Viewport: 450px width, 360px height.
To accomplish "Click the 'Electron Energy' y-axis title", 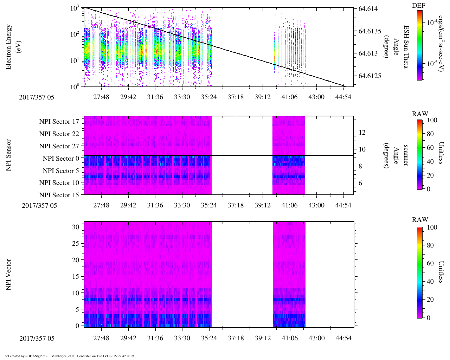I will pyautogui.click(x=8, y=47).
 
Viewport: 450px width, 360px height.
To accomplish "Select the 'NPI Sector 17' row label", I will pyautogui.click(x=59, y=122).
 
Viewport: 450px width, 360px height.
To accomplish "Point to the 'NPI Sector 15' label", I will pyautogui.click(x=59, y=195).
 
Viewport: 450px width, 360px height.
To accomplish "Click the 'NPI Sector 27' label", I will pyautogui.click(x=59, y=146).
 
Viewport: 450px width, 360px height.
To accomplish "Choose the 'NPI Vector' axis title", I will pyautogui.click(x=8, y=275).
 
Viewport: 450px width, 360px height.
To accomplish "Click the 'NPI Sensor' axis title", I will pyautogui.click(x=8, y=155).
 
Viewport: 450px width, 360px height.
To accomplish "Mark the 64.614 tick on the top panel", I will pyautogui.click(x=368, y=8).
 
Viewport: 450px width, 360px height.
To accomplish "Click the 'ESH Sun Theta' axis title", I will pyautogui.click(x=406, y=47).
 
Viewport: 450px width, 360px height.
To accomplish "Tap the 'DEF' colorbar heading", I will pyautogui.click(x=419, y=6).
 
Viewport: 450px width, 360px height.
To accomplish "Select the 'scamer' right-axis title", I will pyautogui.click(x=406, y=155).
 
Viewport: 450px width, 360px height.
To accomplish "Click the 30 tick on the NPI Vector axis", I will pyautogui.click(x=76, y=227).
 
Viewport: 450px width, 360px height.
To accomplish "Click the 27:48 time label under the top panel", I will pyautogui.click(x=101, y=97).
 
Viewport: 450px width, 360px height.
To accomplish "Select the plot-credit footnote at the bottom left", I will pyautogui.click(x=69, y=356).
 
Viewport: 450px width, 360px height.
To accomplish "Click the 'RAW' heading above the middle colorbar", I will pyautogui.click(x=420, y=114).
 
